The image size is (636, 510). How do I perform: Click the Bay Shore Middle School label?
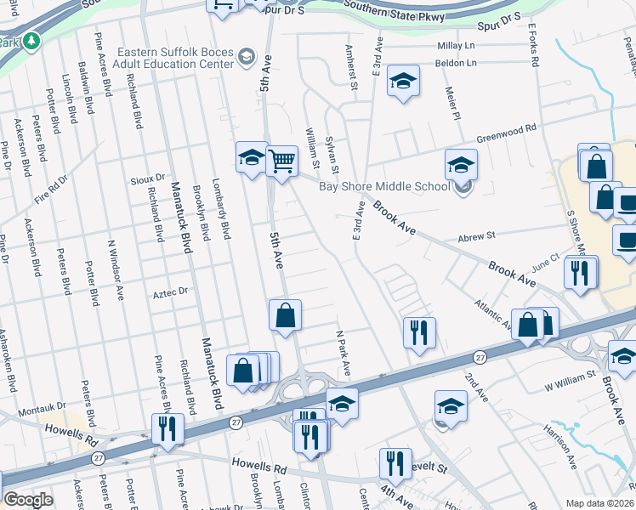point(384,187)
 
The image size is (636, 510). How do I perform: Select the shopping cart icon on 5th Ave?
point(281,160)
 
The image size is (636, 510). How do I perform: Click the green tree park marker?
point(32,40)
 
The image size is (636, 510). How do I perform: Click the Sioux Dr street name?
point(147,179)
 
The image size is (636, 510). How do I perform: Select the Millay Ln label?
point(457,45)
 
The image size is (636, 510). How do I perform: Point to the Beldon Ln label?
point(457,63)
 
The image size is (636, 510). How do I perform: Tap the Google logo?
point(28,500)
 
